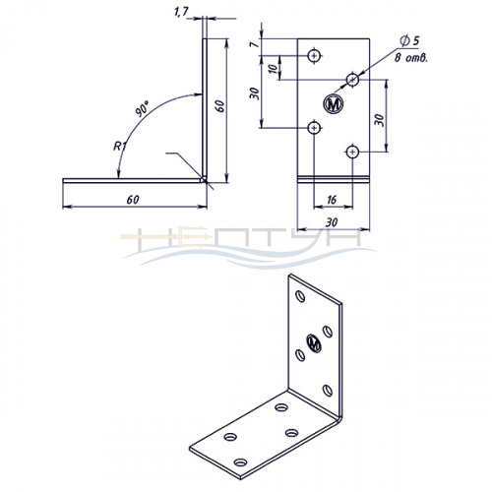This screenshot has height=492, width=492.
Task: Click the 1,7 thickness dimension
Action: (x=181, y=12)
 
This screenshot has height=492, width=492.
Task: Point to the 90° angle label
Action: (x=143, y=109)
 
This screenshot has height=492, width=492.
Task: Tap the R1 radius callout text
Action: (x=120, y=146)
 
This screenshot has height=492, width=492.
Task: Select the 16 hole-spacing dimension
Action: (x=332, y=199)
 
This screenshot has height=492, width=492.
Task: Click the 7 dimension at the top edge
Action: (x=254, y=43)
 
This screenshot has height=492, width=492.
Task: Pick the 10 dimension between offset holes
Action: (x=273, y=69)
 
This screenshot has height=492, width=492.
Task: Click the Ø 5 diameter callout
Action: (x=409, y=40)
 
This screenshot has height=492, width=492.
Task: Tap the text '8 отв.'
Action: (x=411, y=58)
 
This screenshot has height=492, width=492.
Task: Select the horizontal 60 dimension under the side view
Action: (x=133, y=200)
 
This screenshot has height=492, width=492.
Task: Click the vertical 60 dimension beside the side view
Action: (x=220, y=106)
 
